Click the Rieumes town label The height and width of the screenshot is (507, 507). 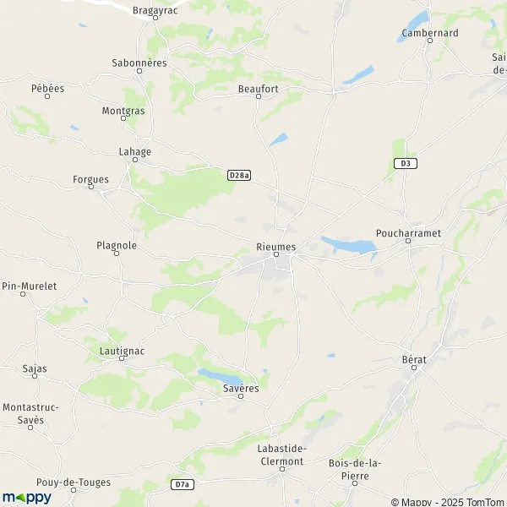(x=275, y=246)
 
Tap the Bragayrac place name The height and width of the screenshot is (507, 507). (x=155, y=11)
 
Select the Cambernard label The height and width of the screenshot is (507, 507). (x=429, y=33)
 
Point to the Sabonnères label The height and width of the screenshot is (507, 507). (x=139, y=63)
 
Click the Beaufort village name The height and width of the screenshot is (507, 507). (x=258, y=88)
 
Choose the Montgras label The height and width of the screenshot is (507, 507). (x=123, y=111)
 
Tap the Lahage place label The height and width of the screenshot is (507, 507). (x=134, y=152)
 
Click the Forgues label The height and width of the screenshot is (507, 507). (x=90, y=179)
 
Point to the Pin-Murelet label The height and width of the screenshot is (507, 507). (x=29, y=286)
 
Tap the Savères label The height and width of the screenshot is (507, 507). (x=241, y=388)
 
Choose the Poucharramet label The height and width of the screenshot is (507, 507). (x=408, y=232)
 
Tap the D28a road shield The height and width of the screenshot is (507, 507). (x=239, y=175)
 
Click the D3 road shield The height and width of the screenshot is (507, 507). (x=406, y=163)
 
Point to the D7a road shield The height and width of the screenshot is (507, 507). (x=183, y=484)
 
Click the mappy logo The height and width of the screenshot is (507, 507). (x=26, y=497)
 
